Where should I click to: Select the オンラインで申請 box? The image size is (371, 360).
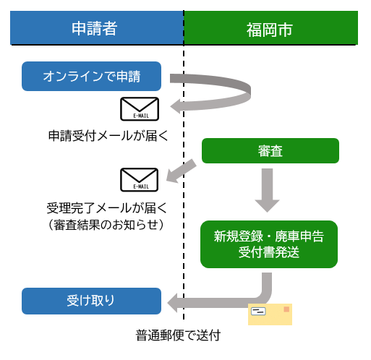point(91,76)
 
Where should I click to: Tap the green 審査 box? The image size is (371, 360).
point(270,150)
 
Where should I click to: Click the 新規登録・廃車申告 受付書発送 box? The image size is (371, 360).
point(269,244)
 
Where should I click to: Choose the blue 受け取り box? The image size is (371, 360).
point(91,301)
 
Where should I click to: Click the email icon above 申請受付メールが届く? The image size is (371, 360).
point(139,109)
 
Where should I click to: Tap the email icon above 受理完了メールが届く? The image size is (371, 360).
point(139,179)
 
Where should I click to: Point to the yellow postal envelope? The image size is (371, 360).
point(270,314)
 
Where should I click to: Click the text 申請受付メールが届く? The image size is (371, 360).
point(103,135)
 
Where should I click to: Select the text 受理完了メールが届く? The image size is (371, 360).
point(103,208)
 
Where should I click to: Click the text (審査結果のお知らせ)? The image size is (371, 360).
point(103,225)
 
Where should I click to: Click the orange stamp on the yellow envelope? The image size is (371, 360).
point(286,309)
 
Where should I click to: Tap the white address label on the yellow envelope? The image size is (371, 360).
point(259,312)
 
